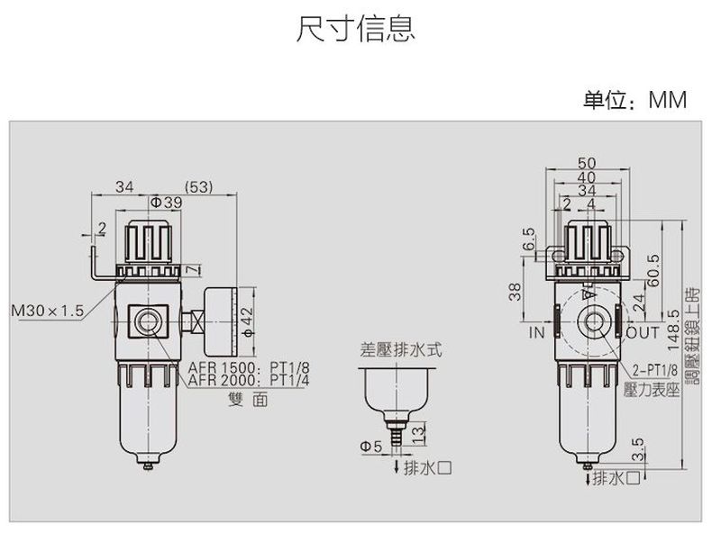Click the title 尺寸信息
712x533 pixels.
coord(355,29)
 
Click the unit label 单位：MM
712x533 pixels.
coord(634,100)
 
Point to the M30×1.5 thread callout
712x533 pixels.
coord(46,311)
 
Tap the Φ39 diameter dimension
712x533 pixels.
coord(166,203)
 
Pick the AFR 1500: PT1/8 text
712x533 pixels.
coord(249,368)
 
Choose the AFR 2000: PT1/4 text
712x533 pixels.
coord(249,380)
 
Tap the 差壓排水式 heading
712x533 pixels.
coord(400,350)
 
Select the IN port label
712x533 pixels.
coord(537,333)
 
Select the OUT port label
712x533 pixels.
coord(644,333)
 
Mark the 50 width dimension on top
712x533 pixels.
coord(587,163)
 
